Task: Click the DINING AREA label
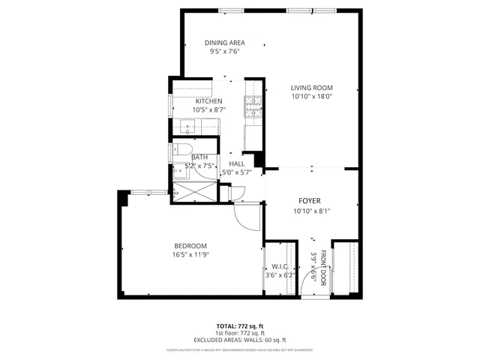(226, 43)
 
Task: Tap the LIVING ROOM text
(311, 88)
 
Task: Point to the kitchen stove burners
(252, 108)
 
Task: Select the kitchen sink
(189, 126)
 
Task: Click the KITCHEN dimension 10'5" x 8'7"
(208, 109)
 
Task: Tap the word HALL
(237, 163)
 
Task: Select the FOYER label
(310, 201)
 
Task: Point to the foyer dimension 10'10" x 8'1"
(312, 211)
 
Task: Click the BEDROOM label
(190, 246)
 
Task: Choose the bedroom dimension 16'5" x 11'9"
(190, 255)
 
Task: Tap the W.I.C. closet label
(280, 266)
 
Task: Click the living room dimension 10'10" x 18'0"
(311, 97)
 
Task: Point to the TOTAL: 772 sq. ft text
(240, 326)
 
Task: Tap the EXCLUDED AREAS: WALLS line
(240, 340)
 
